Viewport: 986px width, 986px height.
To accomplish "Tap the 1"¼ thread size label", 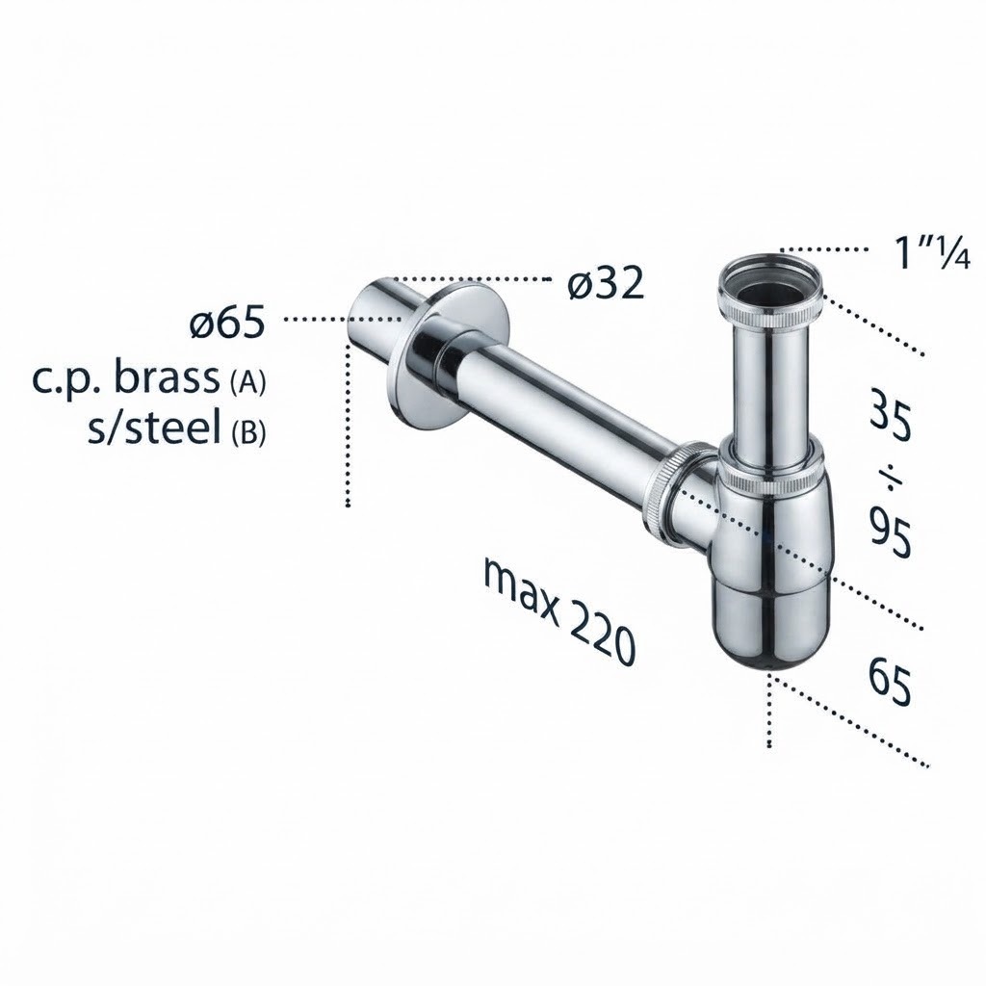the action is point(933,254).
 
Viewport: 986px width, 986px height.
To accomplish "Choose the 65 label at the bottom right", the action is point(890,682).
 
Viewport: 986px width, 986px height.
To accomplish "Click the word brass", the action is point(167,378).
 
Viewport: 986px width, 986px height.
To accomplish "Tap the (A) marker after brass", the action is point(247,383).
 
